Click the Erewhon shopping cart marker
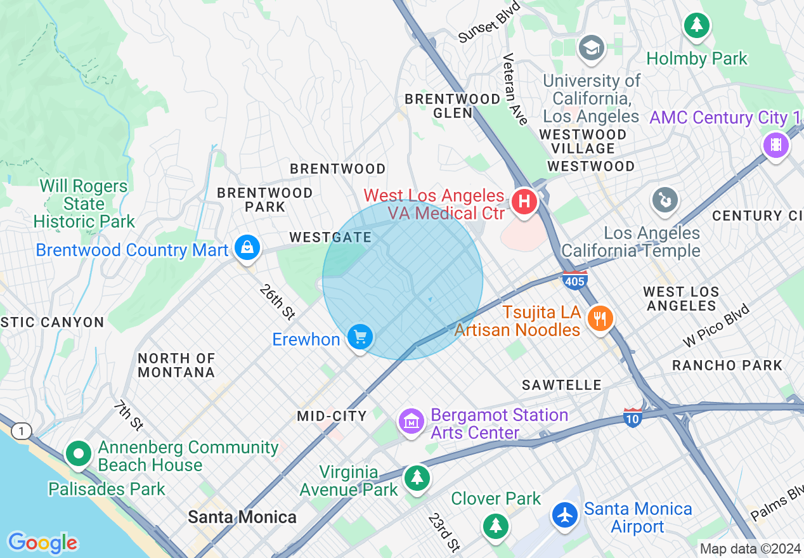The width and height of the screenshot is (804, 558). point(360,337)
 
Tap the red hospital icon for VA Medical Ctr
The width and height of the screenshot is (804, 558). point(524,202)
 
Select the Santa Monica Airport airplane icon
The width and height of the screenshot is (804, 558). point(564,514)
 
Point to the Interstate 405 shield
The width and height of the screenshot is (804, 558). point(574,280)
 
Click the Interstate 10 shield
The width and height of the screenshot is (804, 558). point(632,417)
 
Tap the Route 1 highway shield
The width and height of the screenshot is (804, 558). point(22,432)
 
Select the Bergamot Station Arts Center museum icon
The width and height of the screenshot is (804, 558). point(412,420)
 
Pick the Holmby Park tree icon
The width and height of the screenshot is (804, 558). point(697,26)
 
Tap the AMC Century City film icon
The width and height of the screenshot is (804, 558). point(776,145)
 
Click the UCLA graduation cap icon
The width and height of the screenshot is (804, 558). point(591,48)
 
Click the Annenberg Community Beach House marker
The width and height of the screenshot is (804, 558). point(79,454)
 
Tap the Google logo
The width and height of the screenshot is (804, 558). point(42,543)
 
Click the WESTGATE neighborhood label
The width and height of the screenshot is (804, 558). point(330,237)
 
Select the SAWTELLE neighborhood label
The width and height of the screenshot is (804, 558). point(561,385)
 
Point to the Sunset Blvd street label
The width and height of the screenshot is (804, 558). point(489,23)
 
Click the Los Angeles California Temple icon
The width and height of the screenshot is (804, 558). point(665,201)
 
